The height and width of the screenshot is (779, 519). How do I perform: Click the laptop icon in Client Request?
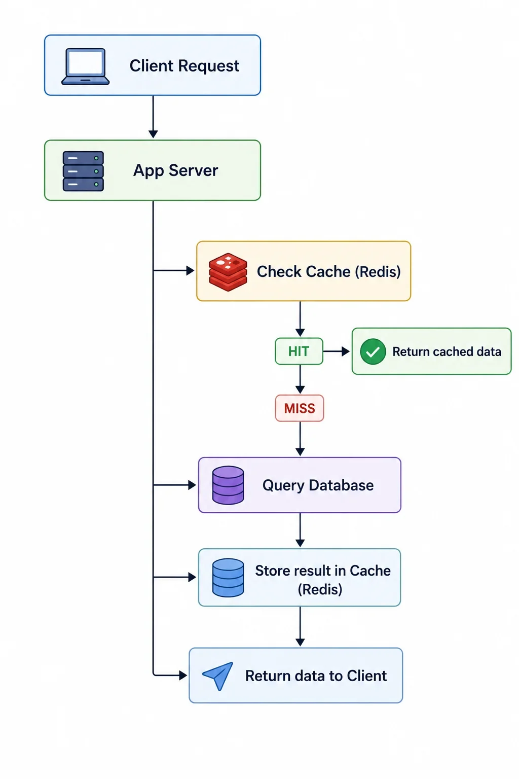pyautogui.click(x=86, y=66)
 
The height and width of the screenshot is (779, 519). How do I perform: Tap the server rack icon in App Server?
pyautogui.click(x=83, y=171)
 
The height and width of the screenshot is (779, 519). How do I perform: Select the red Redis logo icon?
pyautogui.click(x=228, y=272)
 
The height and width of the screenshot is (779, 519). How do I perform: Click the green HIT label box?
pyautogui.click(x=299, y=351)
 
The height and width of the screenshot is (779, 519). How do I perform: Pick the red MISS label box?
pyautogui.click(x=300, y=408)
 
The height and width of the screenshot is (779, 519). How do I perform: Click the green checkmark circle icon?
pyautogui.click(x=373, y=351)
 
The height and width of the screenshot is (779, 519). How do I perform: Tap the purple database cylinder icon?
pyautogui.click(x=228, y=485)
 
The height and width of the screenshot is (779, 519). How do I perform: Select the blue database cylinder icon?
pyautogui.click(x=228, y=578)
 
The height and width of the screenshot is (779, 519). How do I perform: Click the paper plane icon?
pyautogui.click(x=218, y=676)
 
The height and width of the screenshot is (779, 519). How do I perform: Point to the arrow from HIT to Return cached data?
pyautogui.click(x=337, y=351)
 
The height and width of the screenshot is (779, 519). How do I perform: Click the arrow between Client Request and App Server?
pyautogui.click(x=153, y=117)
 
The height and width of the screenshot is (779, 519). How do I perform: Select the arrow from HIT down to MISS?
pyautogui.click(x=301, y=379)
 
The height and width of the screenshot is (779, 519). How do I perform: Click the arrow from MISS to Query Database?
pyautogui.click(x=301, y=439)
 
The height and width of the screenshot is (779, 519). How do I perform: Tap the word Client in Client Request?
pyautogui.click(x=152, y=66)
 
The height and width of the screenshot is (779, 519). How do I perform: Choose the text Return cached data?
pyautogui.click(x=447, y=351)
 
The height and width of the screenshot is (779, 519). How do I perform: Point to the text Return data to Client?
pyautogui.click(x=316, y=676)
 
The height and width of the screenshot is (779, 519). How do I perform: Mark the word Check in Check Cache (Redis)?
pyautogui.click(x=279, y=272)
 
